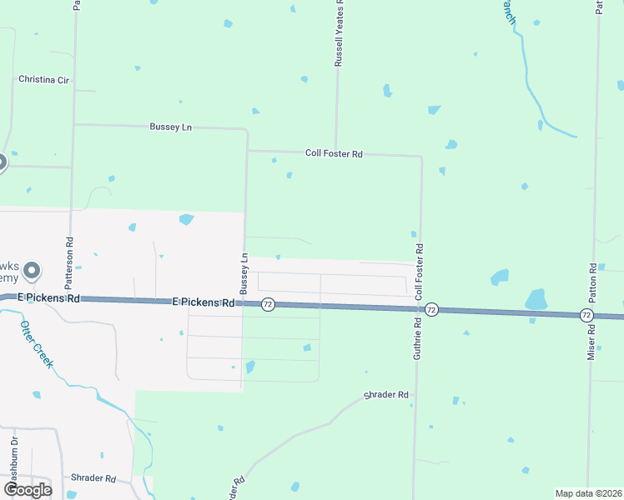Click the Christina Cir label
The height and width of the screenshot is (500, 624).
[x=43, y=79]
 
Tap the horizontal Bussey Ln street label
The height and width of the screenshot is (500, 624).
[x=171, y=127]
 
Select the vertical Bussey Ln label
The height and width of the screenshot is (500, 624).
[x=244, y=273]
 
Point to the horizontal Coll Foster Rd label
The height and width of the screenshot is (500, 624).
[x=334, y=153]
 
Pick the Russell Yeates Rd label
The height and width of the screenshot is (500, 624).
[x=340, y=37]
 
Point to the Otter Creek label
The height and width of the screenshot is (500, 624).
[x=37, y=344]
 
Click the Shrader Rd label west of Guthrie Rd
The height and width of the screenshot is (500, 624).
[x=386, y=394]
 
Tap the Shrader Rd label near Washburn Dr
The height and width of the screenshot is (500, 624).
[x=93, y=478]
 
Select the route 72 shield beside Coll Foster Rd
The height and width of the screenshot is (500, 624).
[x=431, y=309]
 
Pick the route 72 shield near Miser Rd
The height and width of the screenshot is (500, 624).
[x=587, y=315]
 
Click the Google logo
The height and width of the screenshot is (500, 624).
[x=28, y=489]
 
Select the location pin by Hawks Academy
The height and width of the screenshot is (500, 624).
[x=32, y=271]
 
